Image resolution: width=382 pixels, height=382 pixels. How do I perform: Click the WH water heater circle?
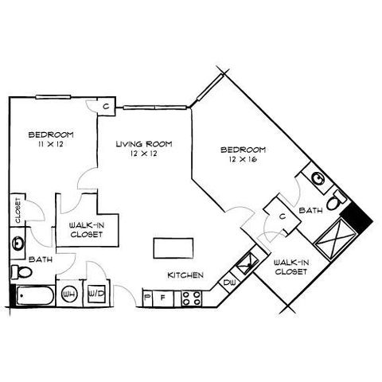(69, 294)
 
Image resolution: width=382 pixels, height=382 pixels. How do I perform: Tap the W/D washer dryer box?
(96, 294)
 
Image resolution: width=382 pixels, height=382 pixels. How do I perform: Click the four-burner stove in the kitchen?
(191, 298)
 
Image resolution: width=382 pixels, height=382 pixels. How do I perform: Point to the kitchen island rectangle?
(173, 248)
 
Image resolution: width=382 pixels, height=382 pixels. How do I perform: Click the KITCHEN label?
(185, 275)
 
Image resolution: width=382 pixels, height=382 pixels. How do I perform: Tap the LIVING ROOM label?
(144, 144)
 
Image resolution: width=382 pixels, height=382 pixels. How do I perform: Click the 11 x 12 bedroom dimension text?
(51, 144)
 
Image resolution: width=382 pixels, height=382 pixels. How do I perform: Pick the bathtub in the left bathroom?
(35, 296)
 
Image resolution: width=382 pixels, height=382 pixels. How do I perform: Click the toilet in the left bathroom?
(21, 272)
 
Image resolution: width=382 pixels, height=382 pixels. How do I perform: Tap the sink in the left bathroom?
(18, 243)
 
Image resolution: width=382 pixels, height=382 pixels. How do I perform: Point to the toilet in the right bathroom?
(336, 201)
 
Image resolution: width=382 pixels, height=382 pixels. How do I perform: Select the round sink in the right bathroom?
(318, 178)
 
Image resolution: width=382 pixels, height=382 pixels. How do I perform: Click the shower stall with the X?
(335, 238)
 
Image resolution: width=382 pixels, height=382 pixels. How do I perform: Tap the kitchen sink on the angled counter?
(248, 262)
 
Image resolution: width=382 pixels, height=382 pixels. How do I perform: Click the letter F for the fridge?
(163, 298)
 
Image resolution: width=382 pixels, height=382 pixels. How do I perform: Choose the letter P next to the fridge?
(146, 298)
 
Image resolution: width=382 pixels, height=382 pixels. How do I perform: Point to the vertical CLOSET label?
(18, 210)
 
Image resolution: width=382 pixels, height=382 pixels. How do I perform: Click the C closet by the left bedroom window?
(106, 107)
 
